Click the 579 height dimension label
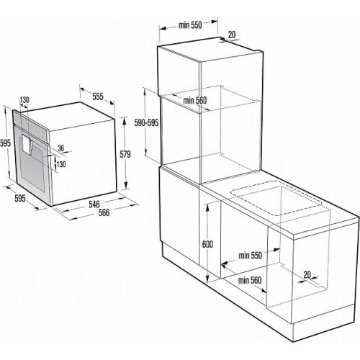(125, 154)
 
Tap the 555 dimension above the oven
(98, 96)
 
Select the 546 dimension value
(94, 204)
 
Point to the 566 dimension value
(104, 212)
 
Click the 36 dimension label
(61, 148)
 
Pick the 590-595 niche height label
(146, 122)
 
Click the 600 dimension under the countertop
(207, 244)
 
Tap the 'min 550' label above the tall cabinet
(190, 25)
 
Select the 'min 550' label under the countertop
(250, 256)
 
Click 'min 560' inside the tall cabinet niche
(194, 101)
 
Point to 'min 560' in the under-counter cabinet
(250, 280)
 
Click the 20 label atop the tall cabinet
(232, 35)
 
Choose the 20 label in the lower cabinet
(307, 274)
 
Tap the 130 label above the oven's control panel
(24, 100)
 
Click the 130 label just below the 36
(61, 164)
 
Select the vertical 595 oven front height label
(5, 143)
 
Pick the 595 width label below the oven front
(20, 199)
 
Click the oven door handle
(30, 146)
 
